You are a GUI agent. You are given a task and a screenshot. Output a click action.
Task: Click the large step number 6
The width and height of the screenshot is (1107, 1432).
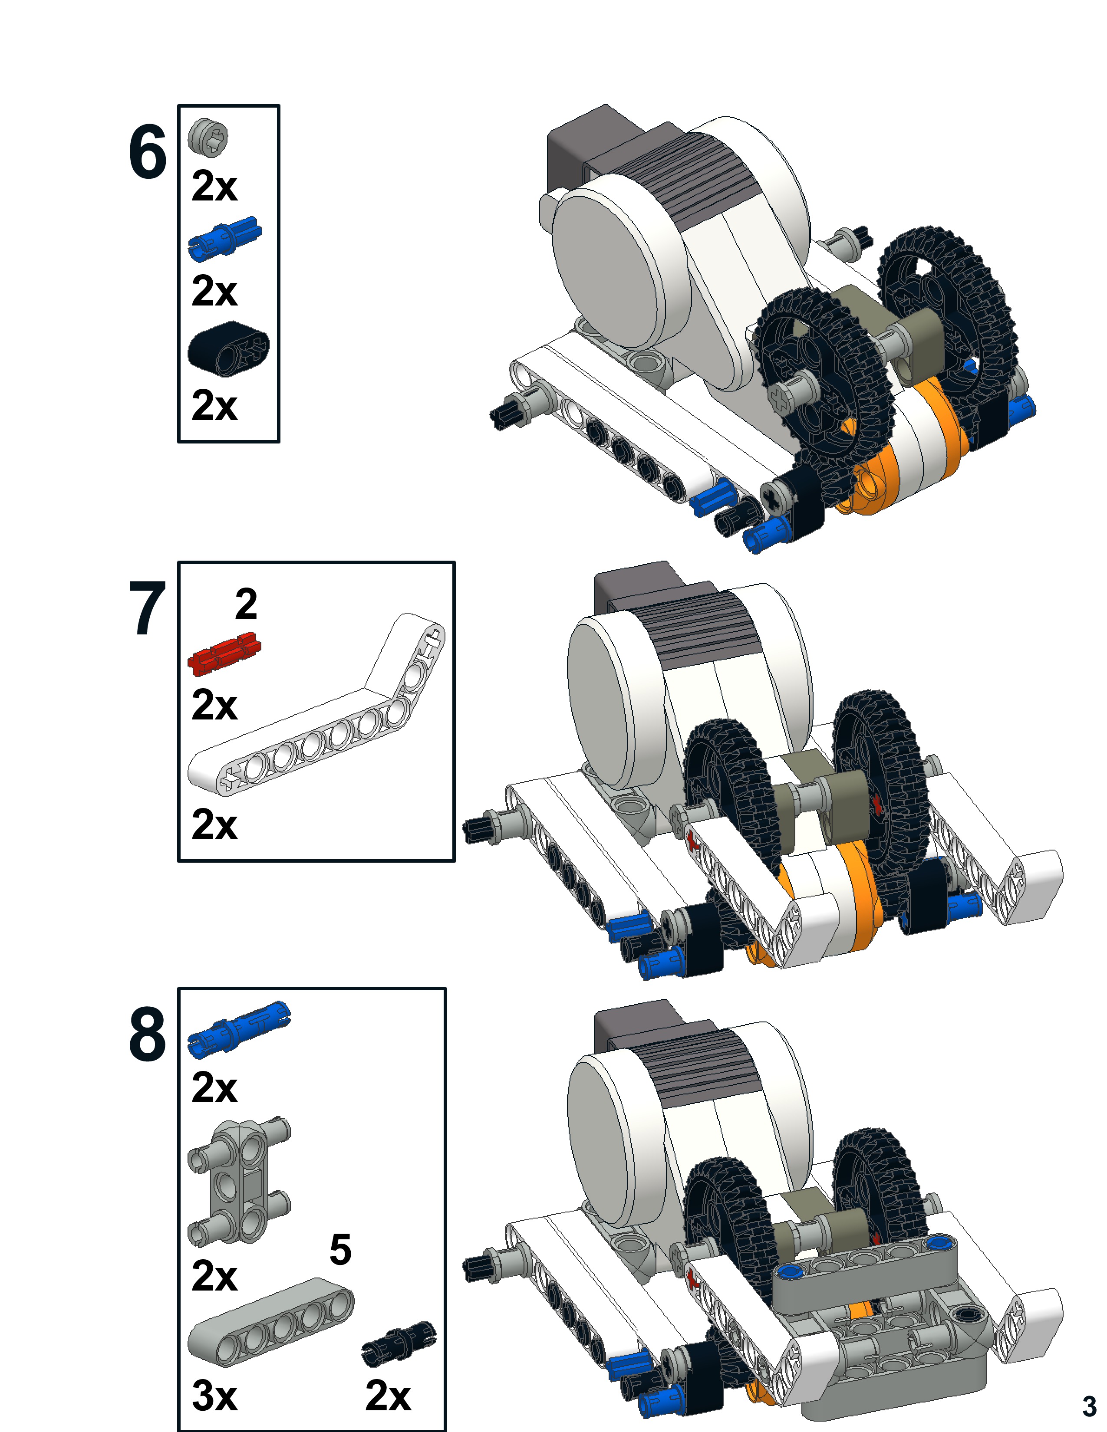(x=148, y=152)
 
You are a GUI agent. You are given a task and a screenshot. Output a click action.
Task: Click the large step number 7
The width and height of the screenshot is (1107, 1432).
(x=148, y=608)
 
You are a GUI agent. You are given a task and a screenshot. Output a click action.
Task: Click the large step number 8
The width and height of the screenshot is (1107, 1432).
(x=148, y=1034)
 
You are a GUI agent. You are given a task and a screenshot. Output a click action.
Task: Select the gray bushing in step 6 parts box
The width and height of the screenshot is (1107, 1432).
(x=208, y=137)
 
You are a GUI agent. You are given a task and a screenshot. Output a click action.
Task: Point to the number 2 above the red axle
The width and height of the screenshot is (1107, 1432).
(x=246, y=604)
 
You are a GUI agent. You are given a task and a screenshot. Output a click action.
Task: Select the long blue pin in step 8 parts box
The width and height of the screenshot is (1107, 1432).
(x=239, y=1029)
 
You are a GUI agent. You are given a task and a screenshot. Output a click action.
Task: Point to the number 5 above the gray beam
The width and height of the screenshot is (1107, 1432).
(x=340, y=1250)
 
